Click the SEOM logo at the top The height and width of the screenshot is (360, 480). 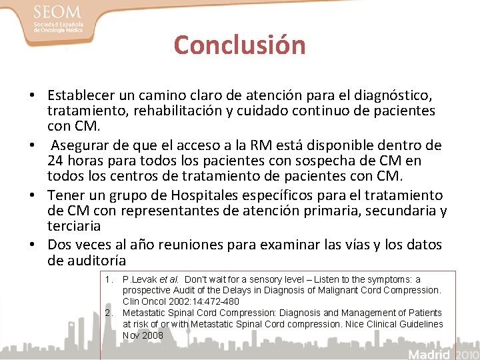(58, 19)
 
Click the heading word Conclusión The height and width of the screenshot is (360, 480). (239, 45)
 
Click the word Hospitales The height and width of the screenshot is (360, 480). (216, 195)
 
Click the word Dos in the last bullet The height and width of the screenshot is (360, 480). (61, 245)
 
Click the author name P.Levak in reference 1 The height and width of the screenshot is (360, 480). (140, 280)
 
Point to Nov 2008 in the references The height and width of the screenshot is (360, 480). (143, 335)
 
